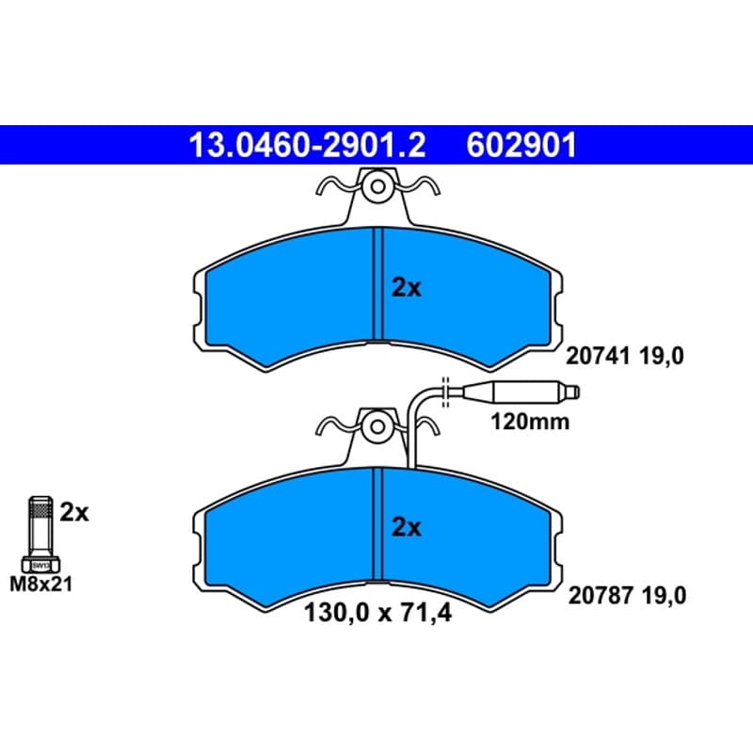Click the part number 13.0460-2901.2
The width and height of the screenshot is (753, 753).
point(308,145)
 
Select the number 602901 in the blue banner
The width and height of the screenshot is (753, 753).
point(521,145)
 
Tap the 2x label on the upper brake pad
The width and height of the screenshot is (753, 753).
point(407,288)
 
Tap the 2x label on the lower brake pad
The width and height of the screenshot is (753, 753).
point(407,527)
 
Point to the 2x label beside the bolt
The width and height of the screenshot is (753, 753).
point(74,513)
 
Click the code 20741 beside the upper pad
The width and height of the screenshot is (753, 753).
point(598,357)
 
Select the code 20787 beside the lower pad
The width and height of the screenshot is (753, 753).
point(601,596)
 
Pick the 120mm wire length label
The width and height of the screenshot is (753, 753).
point(530,422)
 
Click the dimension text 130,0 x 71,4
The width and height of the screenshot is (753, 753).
point(378,614)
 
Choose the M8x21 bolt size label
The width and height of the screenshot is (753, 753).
point(41,585)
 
